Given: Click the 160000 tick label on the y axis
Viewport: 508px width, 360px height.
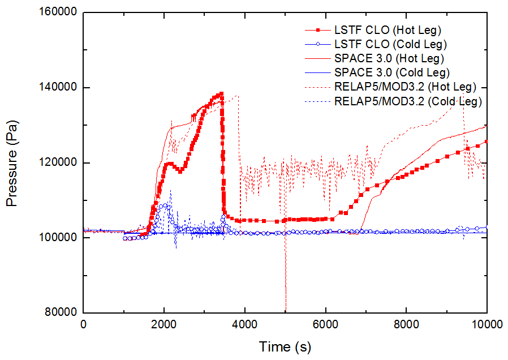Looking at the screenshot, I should click(x=59, y=13).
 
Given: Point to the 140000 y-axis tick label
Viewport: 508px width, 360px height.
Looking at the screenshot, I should click(x=59, y=88).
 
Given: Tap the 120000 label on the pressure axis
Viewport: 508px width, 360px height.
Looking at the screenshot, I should click(x=59, y=163).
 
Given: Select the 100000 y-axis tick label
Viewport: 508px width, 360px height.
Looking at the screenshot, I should click(x=59, y=238).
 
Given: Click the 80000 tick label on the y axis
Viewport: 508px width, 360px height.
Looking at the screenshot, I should click(x=62, y=312).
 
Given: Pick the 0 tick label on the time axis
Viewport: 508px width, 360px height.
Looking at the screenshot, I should click(x=84, y=325).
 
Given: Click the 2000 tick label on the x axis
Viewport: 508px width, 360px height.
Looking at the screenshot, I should click(x=164, y=325).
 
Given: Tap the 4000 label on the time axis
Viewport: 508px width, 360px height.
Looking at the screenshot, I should click(x=245, y=325).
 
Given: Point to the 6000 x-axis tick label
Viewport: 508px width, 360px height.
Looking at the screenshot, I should click(x=326, y=325).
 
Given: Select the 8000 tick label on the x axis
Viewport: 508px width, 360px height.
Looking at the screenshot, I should click(x=407, y=325).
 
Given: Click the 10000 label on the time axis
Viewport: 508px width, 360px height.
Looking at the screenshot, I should click(x=487, y=325).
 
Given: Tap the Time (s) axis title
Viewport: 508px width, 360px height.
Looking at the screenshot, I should click(x=285, y=346).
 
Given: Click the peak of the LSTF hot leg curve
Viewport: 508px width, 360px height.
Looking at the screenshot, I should click(x=221, y=93).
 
